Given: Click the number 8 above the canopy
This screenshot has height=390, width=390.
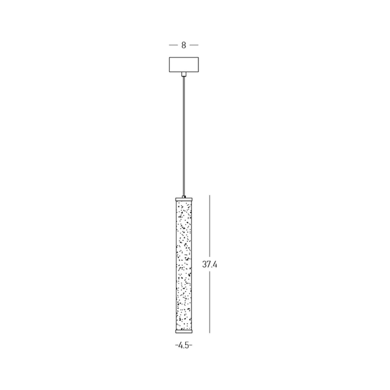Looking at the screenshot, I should pyautogui.click(x=184, y=45).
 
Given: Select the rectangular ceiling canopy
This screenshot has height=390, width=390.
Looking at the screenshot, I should pyautogui.click(x=184, y=64).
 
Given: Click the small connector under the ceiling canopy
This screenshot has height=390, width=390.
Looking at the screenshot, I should pyautogui.click(x=184, y=74).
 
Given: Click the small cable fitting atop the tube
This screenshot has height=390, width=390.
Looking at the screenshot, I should pyautogui.click(x=184, y=197).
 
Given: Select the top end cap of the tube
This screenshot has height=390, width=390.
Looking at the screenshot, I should pyautogui.click(x=184, y=199).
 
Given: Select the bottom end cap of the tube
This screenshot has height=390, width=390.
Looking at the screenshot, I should pyautogui.click(x=184, y=330).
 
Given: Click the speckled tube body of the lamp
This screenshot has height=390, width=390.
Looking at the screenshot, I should pyautogui.click(x=184, y=264).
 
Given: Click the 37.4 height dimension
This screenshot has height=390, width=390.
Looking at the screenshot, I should pyautogui.click(x=209, y=264).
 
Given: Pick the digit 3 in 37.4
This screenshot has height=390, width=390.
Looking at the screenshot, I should pyautogui.click(x=204, y=264).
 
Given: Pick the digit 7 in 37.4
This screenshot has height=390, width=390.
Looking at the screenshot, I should pyautogui.click(x=208, y=264).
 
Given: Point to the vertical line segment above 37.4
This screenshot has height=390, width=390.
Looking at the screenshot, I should pyautogui.click(x=210, y=224).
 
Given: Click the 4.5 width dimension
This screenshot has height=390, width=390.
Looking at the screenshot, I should pyautogui.click(x=183, y=346).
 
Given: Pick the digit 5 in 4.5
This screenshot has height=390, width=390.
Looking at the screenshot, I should pyautogui.click(x=187, y=346).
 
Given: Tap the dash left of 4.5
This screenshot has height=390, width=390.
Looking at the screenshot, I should pyautogui.click(x=176, y=346).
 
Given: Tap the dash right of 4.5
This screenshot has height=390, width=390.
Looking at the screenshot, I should pyautogui.click(x=191, y=346).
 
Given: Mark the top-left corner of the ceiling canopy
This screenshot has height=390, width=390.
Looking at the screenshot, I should pyautogui.click(x=169, y=57).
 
